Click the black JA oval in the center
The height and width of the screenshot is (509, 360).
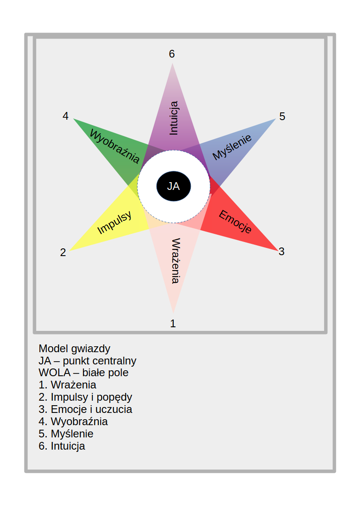coord(174,186)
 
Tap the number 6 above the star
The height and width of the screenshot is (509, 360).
coord(172,54)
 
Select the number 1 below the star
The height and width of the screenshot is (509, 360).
coord(173,324)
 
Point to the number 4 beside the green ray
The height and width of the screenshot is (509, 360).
coord(65,116)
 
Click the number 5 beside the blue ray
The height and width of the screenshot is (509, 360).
coord(282,116)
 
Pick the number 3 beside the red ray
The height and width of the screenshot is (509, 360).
coord(282,252)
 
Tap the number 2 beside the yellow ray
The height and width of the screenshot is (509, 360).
coord(63,252)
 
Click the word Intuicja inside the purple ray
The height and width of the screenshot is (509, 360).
coord(173,118)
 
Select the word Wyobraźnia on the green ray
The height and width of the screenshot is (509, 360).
coord(114,145)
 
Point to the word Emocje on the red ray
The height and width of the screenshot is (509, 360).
coord(235,222)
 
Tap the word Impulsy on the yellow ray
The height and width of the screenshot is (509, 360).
coord(114,223)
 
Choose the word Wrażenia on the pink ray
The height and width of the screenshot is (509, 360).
coord(175,261)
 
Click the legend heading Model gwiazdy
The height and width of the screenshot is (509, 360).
coord(74,349)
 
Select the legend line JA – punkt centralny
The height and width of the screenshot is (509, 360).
coord(88,361)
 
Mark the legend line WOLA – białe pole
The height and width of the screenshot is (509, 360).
coord(83,373)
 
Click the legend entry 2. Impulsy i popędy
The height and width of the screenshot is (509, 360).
coord(85,397)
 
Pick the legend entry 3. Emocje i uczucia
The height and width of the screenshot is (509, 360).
coord(85,409)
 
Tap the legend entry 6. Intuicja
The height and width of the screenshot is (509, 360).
coord(62,446)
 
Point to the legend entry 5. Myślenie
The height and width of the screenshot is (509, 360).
coord(66,434)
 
